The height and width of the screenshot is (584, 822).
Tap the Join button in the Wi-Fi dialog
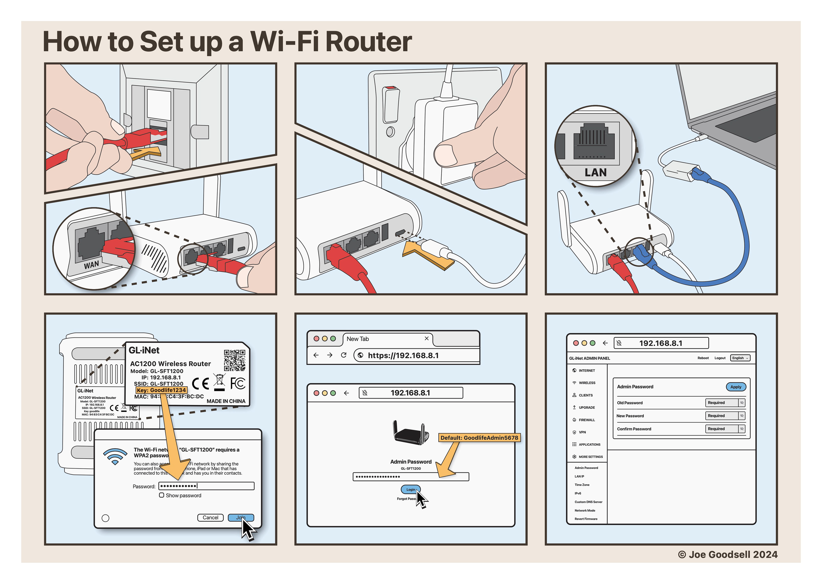(x=240, y=517)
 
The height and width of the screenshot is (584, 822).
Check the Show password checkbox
(x=162, y=495)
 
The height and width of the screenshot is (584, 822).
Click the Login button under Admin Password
(x=410, y=489)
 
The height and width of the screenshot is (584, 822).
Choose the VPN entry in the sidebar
(x=582, y=432)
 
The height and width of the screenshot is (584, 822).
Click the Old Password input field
(x=721, y=403)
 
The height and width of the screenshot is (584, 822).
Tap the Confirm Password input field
(x=721, y=429)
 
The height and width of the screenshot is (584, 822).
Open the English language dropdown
(x=740, y=358)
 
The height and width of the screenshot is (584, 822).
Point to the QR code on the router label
(x=235, y=360)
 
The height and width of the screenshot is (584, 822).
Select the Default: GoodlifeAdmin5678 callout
(x=479, y=438)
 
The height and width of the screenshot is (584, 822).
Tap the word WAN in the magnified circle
(x=91, y=265)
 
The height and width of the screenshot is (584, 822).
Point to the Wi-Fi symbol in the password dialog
(x=115, y=456)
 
